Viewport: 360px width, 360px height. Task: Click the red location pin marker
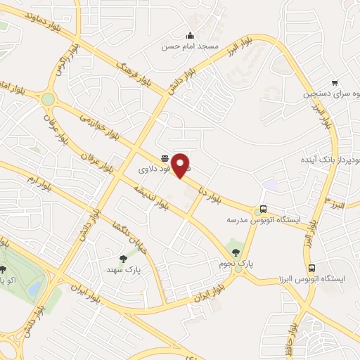(x=181, y=165)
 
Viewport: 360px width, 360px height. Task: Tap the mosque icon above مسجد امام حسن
(x=189, y=36)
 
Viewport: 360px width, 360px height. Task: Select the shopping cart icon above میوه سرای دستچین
(x=334, y=82)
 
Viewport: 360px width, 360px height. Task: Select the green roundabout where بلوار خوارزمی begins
(x=48, y=100)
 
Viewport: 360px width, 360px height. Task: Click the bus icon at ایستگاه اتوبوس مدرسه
(x=262, y=209)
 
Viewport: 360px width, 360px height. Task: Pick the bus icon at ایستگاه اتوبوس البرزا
(x=311, y=268)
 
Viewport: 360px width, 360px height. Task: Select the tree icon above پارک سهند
(x=124, y=258)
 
